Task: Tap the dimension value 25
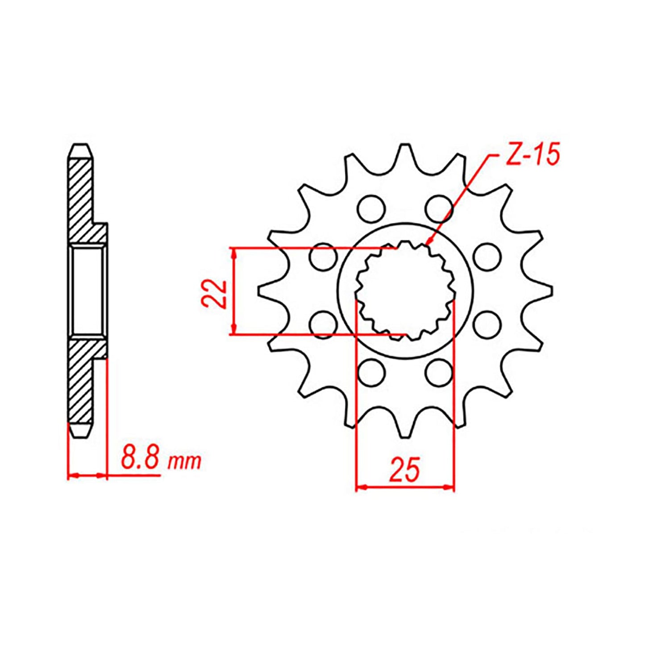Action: coord(405,469)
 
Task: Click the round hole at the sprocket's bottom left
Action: coord(371,372)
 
